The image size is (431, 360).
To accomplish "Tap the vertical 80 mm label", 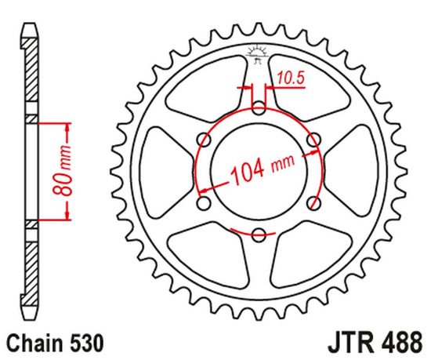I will coord(67,171).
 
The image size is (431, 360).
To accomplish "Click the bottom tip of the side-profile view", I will coord(30,317).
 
